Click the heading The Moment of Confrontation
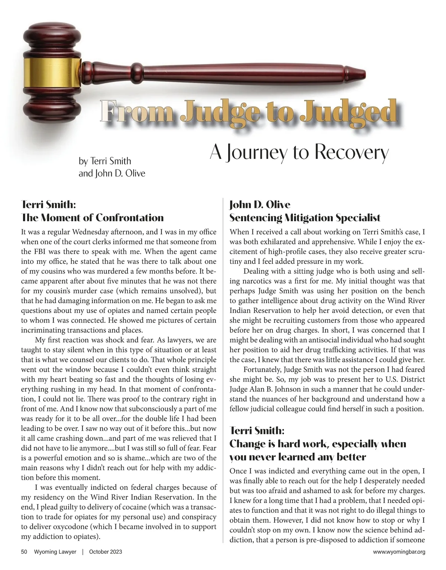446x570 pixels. point(93,218)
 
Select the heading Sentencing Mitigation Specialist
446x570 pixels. point(305,218)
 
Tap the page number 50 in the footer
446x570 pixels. point(24,552)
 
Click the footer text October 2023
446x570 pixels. point(106,552)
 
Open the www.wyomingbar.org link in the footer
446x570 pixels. point(399,552)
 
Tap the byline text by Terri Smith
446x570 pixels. point(105,161)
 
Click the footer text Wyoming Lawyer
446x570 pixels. point(55,552)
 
